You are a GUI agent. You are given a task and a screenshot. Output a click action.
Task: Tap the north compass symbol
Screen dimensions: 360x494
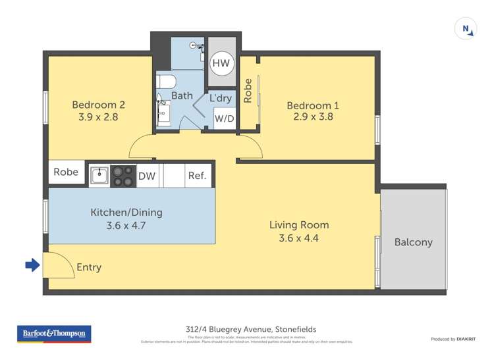466,29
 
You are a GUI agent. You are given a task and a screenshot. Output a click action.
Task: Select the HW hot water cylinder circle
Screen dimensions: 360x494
220,63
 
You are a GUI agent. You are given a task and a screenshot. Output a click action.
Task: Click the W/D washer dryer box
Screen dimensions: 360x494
224,119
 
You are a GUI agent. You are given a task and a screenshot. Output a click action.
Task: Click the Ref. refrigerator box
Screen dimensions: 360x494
197,176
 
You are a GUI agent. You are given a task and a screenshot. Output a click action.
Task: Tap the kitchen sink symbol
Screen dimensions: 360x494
99,176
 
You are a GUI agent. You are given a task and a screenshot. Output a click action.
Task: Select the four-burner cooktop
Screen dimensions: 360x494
123,176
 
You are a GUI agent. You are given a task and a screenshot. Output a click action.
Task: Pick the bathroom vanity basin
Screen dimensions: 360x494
163,112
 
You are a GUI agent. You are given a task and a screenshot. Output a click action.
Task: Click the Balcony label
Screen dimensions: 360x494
413,242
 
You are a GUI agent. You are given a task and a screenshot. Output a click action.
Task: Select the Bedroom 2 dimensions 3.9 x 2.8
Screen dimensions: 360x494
98,118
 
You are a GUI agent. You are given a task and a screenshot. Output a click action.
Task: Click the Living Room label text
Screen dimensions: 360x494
298,225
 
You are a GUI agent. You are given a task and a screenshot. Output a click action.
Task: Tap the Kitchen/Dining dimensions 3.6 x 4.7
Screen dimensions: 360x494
126,225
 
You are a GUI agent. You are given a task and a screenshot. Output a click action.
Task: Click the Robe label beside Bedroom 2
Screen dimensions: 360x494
66,172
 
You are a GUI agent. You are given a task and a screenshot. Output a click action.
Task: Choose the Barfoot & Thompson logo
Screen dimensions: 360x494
54,334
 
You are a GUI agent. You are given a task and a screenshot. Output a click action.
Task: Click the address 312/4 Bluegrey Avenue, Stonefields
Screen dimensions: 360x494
247,330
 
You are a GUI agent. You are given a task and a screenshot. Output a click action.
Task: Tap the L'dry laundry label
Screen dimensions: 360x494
220,98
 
